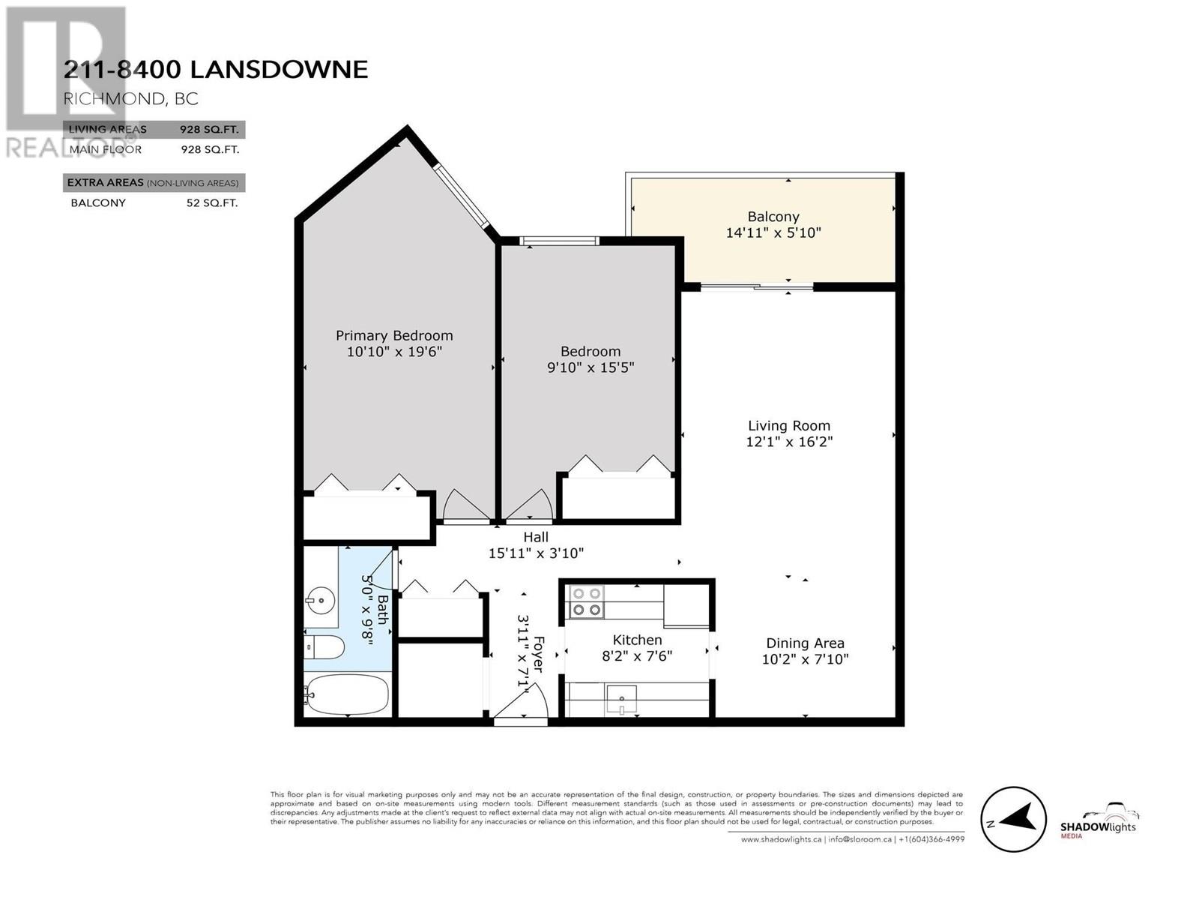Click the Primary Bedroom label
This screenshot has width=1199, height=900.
pyautogui.click(x=394, y=336)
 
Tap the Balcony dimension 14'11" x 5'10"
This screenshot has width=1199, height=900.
pyautogui.click(x=773, y=233)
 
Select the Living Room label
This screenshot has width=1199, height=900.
pyautogui.click(x=789, y=426)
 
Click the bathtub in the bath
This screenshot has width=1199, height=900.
pyautogui.click(x=348, y=695)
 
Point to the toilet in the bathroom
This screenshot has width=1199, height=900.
pyautogui.click(x=325, y=647)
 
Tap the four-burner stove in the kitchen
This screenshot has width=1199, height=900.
pyautogui.click(x=586, y=601)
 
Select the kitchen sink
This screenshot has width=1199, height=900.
pyautogui.click(x=621, y=700)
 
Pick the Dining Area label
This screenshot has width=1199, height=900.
pyautogui.click(x=805, y=643)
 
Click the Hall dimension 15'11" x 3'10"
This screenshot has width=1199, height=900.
pyautogui.click(x=536, y=553)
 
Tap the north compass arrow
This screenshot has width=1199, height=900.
pyautogui.click(x=1013, y=819)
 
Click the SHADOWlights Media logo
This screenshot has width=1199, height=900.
pyautogui.click(x=1099, y=823)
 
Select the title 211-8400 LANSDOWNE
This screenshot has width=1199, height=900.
pyautogui.click(x=216, y=70)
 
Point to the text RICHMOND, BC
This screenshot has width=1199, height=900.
pyautogui.click(x=131, y=98)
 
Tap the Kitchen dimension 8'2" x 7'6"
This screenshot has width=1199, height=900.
pyautogui.click(x=637, y=656)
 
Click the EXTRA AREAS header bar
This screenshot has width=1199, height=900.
pyautogui.click(x=154, y=183)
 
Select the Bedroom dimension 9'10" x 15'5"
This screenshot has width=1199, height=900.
pyautogui.click(x=591, y=367)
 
